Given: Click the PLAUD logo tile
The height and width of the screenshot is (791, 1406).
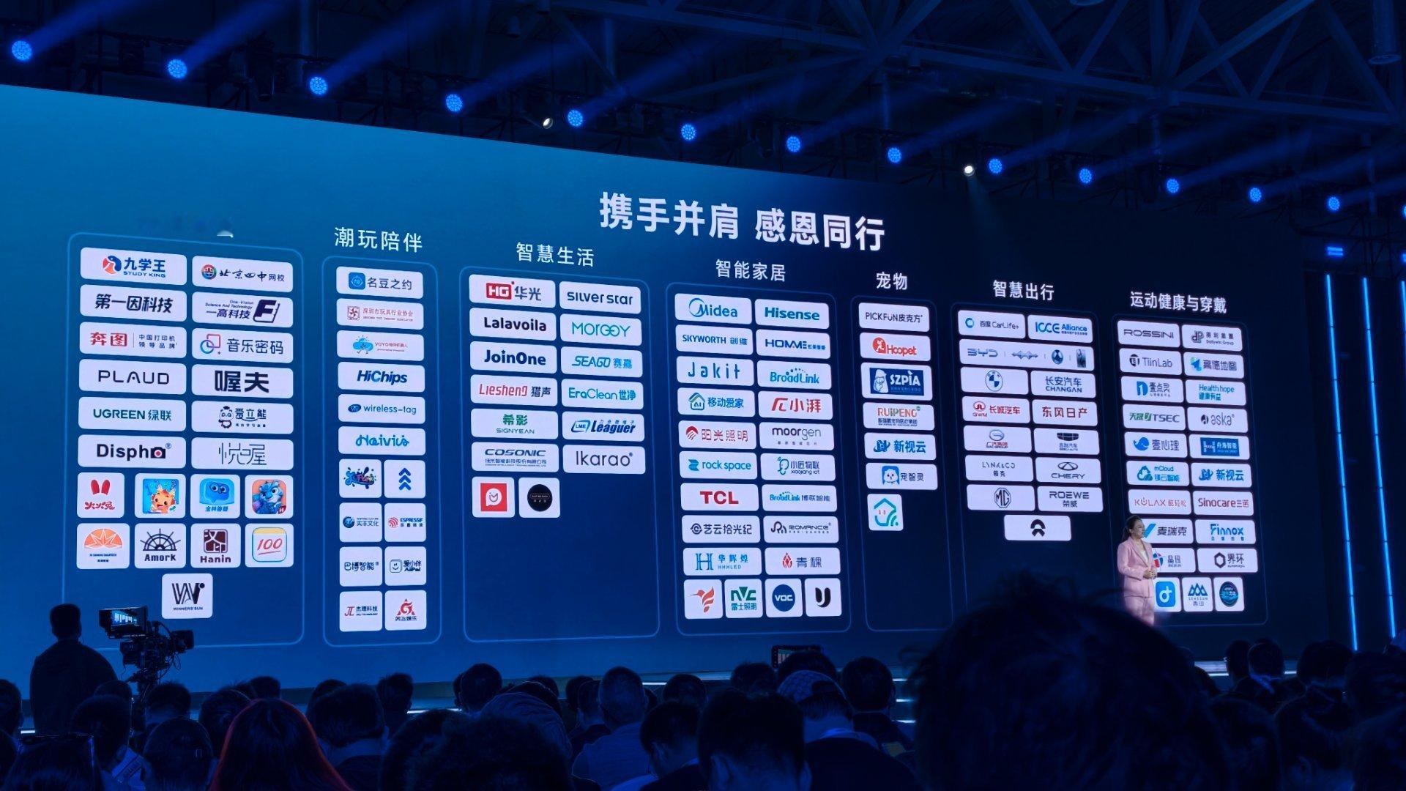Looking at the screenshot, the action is pos(133,378).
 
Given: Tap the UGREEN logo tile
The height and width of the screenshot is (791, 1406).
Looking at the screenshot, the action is pos(133,415).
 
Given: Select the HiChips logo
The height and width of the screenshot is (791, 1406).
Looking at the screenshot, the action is pos(382,377).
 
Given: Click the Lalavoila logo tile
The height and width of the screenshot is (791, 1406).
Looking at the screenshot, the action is pos(514,324).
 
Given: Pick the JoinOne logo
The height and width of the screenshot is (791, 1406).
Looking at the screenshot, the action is pos(514,358).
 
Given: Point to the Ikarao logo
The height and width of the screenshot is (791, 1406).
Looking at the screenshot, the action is pos(603,459).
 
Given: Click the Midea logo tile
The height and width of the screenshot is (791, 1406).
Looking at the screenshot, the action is pos(713,311).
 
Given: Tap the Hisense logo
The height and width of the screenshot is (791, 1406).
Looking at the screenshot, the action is pos(792,313).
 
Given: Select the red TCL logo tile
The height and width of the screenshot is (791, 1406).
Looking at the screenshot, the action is pos(719,498).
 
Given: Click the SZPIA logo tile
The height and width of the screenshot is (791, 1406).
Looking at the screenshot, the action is pos(896,381).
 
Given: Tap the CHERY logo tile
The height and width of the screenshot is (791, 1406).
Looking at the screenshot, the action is pos(1067,471).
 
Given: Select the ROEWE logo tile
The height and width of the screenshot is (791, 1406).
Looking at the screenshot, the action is pos(1068,499).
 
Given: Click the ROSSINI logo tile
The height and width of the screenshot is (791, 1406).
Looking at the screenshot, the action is pos(1148,334).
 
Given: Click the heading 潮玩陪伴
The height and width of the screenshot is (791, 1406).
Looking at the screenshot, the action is pos(378,239).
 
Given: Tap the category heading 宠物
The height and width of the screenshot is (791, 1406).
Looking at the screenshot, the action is pos(891,281).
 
